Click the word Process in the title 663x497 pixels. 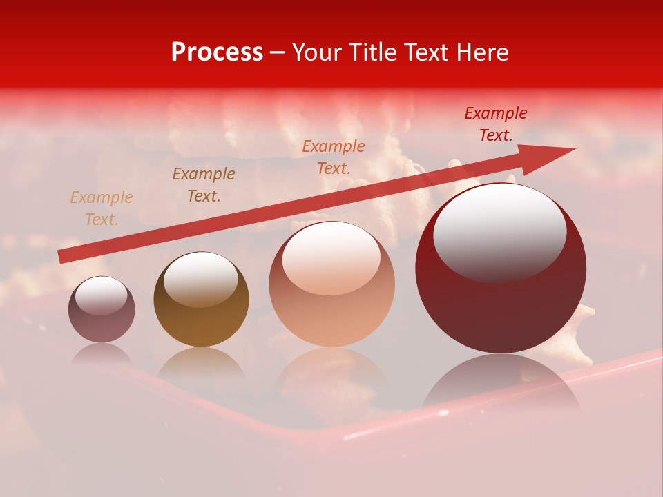tap(217, 52)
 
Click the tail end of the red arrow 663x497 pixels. tap(62, 256)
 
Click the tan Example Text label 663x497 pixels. tap(101, 208)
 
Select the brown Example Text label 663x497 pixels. tap(204, 185)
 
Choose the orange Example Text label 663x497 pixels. tap(334, 157)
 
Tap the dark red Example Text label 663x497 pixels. tap(495, 124)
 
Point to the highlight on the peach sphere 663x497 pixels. tap(331, 258)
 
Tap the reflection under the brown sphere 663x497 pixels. tap(201, 363)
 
